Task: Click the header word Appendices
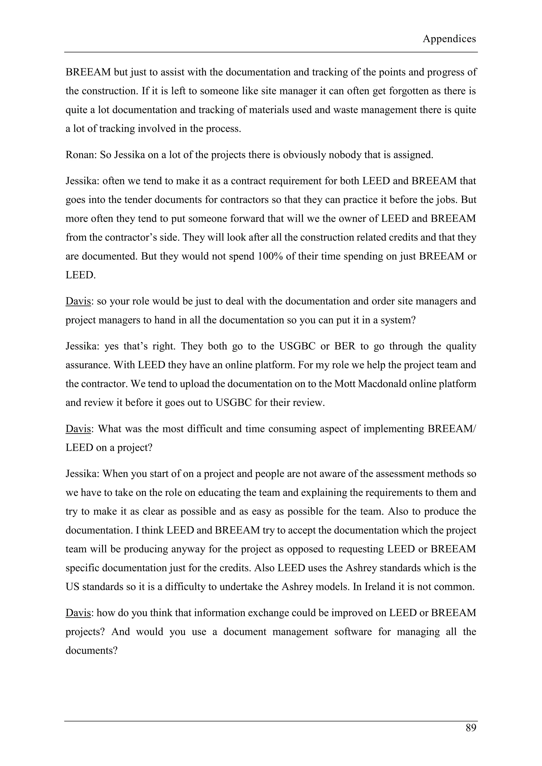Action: [x=449, y=39]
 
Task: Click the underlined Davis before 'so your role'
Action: [x=78, y=301]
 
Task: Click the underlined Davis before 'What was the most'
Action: [x=78, y=429]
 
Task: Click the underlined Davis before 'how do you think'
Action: [x=78, y=613]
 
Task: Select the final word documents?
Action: [x=92, y=651]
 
